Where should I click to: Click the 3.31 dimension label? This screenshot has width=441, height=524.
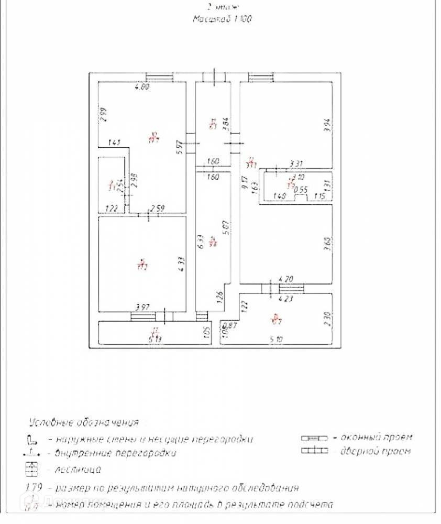pos(296,164)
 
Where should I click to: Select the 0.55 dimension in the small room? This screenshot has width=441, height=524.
pos(300,190)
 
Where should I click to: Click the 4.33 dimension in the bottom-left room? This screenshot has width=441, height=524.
pos(179,262)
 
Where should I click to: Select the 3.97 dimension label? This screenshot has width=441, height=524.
pos(144,307)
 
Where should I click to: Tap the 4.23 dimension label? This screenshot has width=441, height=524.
pos(285,300)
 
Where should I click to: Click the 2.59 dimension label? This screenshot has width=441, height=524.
pos(158,209)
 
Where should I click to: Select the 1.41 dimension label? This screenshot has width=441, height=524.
pos(115,143)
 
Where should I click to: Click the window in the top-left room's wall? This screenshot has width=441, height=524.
pos(159,78)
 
